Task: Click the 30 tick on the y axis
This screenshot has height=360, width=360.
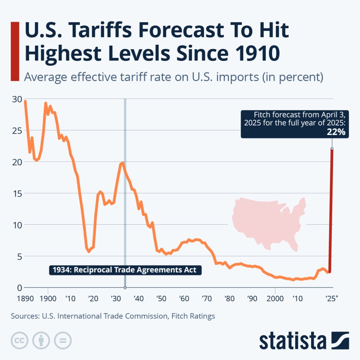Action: click(17, 99)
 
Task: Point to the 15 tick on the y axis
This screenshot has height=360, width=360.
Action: click(17, 193)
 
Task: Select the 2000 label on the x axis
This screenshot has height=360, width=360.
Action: click(274, 299)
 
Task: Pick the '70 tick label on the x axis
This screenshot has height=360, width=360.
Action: click(207, 299)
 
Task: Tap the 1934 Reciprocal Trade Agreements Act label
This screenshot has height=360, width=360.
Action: click(125, 270)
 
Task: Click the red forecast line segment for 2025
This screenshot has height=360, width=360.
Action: click(331, 211)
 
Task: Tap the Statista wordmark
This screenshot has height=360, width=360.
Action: click(292, 341)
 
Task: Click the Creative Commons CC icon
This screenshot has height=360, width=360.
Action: click(20, 340)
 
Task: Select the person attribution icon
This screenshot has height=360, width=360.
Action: click(41, 340)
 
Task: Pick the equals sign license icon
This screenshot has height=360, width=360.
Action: click(63, 340)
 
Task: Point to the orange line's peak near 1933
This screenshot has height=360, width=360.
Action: click(122, 163)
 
